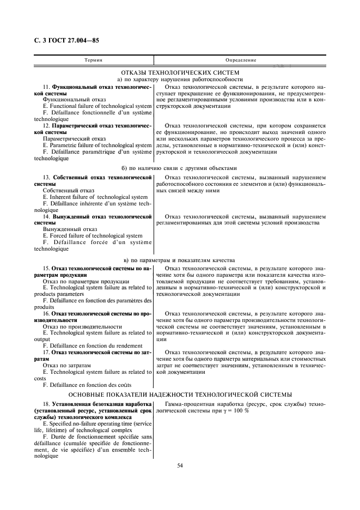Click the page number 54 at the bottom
pyautogui.click(x=179, y=465)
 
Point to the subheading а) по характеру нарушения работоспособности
pyautogui.click(x=180, y=80)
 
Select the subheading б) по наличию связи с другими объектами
pyautogui.click(x=180, y=168)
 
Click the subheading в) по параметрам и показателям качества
pyautogui.click(x=180, y=260)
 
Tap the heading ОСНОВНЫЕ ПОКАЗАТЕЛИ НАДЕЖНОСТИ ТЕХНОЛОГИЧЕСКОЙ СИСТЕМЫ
pyautogui.click(x=180, y=394)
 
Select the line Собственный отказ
pyautogui.click(x=69, y=191)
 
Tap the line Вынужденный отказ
pyautogui.click(x=70, y=229)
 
